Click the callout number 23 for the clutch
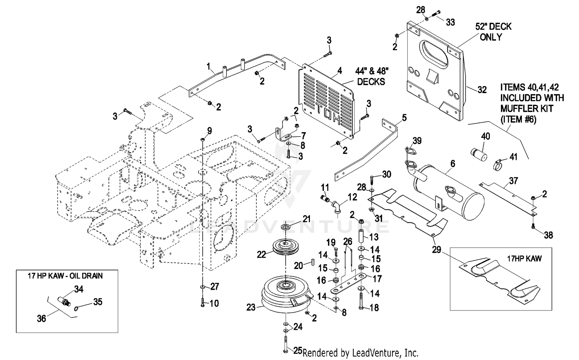pos(251,307)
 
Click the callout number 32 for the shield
pos(482,90)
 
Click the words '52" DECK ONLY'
pos(493,32)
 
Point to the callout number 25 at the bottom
pos(298,350)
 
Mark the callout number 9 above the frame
pos(209,131)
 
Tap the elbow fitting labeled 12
pos(337,207)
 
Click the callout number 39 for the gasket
pos(417,141)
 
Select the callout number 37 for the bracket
pos(513,180)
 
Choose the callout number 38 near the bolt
pos(548,234)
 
